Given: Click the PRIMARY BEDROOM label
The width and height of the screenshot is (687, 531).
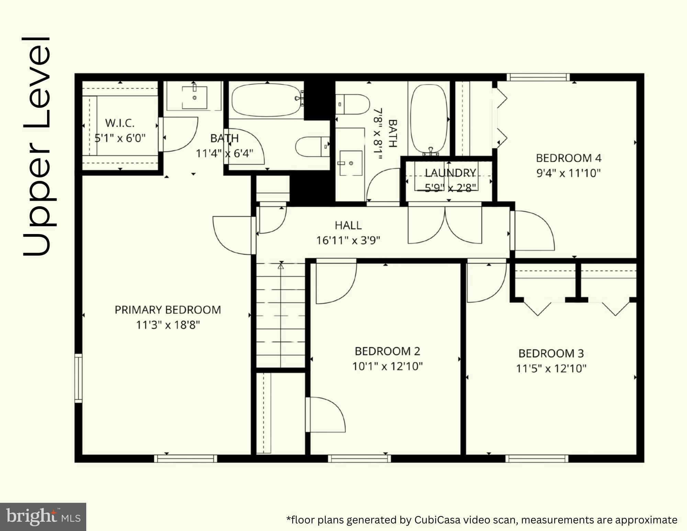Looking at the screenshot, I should pyautogui.click(x=168, y=310).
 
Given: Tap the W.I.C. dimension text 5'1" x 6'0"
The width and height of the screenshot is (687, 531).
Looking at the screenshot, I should pyautogui.click(x=120, y=138).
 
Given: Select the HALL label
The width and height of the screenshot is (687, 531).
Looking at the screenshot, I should pyautogui.click(x=348, y=225).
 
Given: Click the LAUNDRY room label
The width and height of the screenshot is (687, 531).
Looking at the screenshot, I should pyautogui.click(x=450, y=173).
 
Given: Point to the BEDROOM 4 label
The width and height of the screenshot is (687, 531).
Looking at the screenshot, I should pyautogui.click(x=568, y=158).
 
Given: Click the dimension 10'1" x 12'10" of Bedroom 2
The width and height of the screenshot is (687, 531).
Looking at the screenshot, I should pyautogui.click(x=387, y=366).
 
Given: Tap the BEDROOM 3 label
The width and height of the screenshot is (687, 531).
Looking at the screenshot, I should pyautogui.click(x=551, y=353).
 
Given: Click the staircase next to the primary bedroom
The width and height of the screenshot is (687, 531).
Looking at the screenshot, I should pyautogui.click(x=281, y=314).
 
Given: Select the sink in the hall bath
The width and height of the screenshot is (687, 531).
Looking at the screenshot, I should pyautogui.click(x=350, y=163).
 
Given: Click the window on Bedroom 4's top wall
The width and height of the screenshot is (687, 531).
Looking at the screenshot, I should pyautogui.click(x=538, y=77).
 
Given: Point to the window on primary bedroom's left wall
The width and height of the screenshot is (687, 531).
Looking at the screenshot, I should pyautogui.click(x=79, y=378).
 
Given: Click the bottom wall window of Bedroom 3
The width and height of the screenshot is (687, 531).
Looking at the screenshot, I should pyautogui.click(x=537, y=458).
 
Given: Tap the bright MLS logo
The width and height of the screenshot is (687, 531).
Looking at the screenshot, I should pyautogui.click(x=43, y=517).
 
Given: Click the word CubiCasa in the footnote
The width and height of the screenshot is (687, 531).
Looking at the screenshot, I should pyautogui.click(x=437, y=519).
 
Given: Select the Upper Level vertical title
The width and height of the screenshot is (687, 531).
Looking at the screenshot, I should pyautogui.click(x=37, y=146).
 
